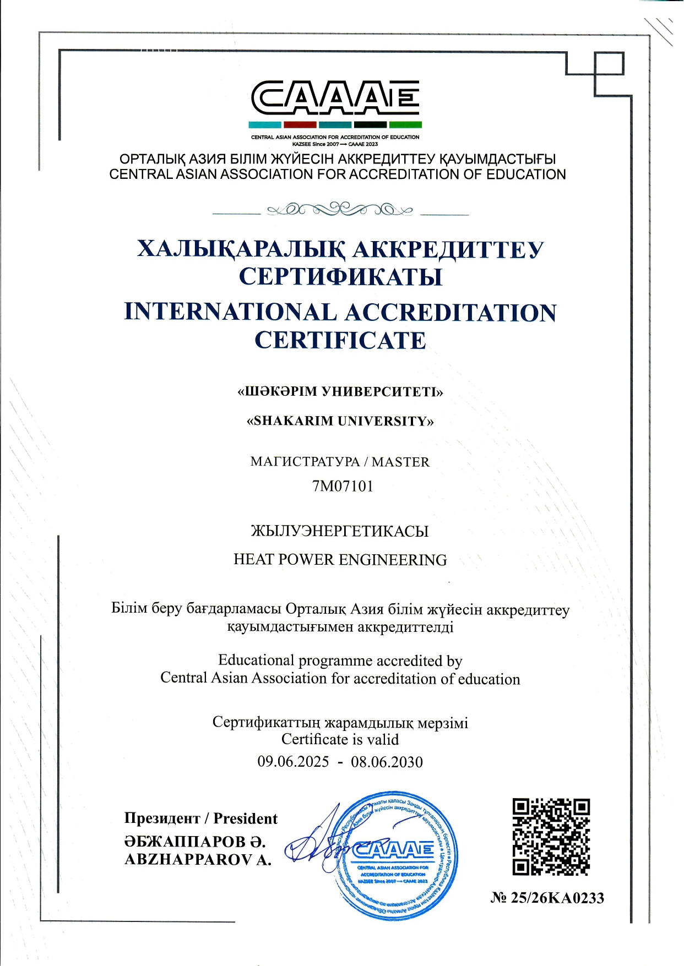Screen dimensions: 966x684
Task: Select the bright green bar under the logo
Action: coord(405,125)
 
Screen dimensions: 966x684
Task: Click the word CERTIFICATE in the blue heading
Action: coord(340,340)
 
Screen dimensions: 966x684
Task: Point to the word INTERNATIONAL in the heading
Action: coord(230,312)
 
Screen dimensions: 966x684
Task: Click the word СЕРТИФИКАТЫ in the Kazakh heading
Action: coord(340,276)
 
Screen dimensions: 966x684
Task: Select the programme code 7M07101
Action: coord(343,486)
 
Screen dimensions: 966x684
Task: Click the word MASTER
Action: coord(400,462)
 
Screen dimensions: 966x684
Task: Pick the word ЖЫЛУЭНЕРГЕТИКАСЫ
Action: coord(340,531)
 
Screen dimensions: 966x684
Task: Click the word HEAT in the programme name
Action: coord(253,559)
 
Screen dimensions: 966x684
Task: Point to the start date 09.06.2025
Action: coord(293,762)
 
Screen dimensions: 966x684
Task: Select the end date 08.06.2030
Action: coord(387,762)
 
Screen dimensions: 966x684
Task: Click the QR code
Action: coord(551,837)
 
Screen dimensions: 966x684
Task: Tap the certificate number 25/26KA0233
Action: coord(557,898)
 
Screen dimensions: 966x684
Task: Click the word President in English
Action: coord(245,818)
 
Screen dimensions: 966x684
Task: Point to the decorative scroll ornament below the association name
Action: coord(340,210)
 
